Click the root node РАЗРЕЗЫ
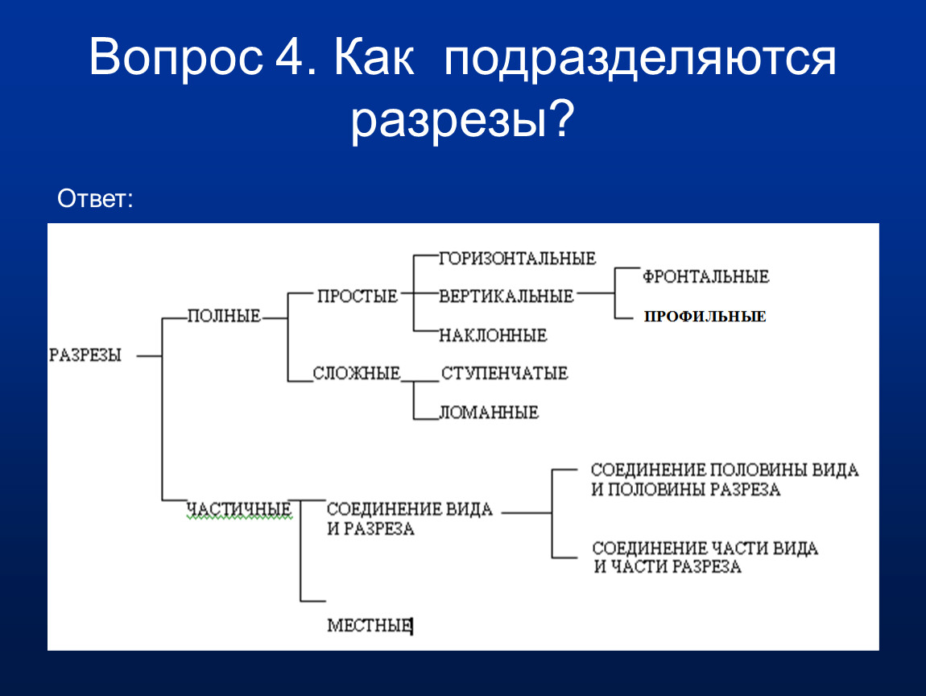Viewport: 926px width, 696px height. (85, 355)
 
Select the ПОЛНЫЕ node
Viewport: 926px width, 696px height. (224, 316)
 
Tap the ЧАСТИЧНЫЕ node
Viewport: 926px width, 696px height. (239, 508)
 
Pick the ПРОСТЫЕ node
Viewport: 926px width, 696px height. (358, 296)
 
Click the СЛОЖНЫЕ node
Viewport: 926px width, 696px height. (357, 374)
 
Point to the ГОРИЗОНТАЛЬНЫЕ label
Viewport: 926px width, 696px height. (517, 259)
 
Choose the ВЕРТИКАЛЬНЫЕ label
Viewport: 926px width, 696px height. (506, 296)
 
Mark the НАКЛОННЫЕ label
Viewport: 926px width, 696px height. (493, 336)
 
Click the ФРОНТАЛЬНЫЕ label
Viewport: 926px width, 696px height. (705, 276)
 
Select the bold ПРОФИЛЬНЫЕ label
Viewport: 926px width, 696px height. (705, 317)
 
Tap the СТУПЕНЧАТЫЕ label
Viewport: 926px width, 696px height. (504, 374)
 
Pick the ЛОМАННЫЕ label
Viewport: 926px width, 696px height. (489, 412)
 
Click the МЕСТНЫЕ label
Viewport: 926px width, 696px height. (370, 625)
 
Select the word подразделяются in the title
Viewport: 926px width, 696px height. (639, 60)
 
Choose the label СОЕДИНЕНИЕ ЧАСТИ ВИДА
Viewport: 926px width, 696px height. (705, 549)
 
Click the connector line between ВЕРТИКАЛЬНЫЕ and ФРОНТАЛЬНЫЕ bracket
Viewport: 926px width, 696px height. (595, 293)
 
